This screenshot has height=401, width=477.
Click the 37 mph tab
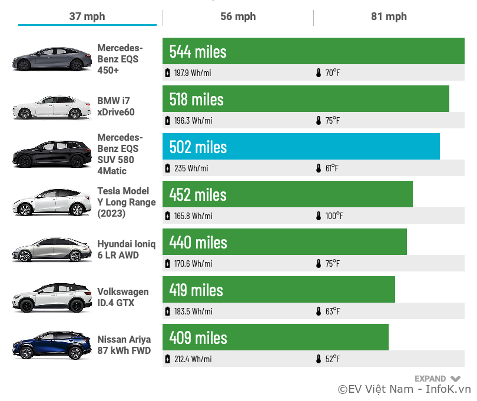coord(87,16)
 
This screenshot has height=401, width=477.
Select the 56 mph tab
coord(238,16)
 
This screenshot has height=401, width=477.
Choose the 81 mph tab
coord(389,16)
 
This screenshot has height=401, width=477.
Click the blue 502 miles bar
coord(301,147)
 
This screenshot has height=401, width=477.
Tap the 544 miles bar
coord(313,51)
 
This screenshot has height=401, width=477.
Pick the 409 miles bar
coord(275,337)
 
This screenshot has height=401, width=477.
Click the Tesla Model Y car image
coord(52,203)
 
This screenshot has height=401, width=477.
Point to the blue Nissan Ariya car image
coord(52,346)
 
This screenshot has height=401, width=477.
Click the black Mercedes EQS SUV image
coord(52,155)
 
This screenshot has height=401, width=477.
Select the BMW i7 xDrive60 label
coord(116,107)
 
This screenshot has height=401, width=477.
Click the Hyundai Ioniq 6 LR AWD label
coord(126,250)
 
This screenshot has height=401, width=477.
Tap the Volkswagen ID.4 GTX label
coord(122,297)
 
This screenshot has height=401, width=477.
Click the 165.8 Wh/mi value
coord(193,216)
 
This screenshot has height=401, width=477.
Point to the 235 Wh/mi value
coord(191,168)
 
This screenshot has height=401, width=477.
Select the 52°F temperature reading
coord(332,359)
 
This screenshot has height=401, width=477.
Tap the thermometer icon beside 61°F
coord(319,168)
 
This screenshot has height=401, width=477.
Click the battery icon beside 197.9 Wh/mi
coord(168,73)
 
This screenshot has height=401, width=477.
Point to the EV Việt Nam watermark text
coord(404,389)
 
